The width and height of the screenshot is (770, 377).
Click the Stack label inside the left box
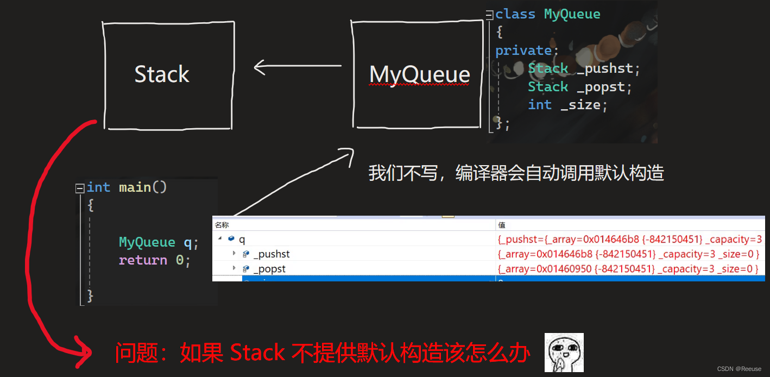(x=162, y=74)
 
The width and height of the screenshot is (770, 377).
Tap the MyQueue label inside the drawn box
(x=419, y=74)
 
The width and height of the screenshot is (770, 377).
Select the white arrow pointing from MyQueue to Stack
(x=297, y=67)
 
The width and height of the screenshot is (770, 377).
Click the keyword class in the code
(x=515, y=14)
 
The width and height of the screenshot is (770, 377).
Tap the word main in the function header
(x=135, y=187)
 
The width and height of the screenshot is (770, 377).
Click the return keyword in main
(x=143, y=260)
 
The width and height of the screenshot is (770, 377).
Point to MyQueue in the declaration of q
(x=147, y=242)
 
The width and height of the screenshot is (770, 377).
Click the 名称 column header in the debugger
(x=222, y=225)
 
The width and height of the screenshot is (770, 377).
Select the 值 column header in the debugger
(x=502, y=225)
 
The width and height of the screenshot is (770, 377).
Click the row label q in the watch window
(x=242, y=239)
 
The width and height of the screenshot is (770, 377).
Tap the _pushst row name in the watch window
(x=272, y=254)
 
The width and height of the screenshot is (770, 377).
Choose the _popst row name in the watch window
(x=269, y=268)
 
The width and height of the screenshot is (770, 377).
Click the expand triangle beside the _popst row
(x=234, y=268)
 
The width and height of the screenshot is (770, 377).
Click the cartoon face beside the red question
(x=564, y=353)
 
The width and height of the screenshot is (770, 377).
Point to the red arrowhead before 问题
(x=84, y=354)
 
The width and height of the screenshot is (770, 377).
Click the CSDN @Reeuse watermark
(x=739, y=369)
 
